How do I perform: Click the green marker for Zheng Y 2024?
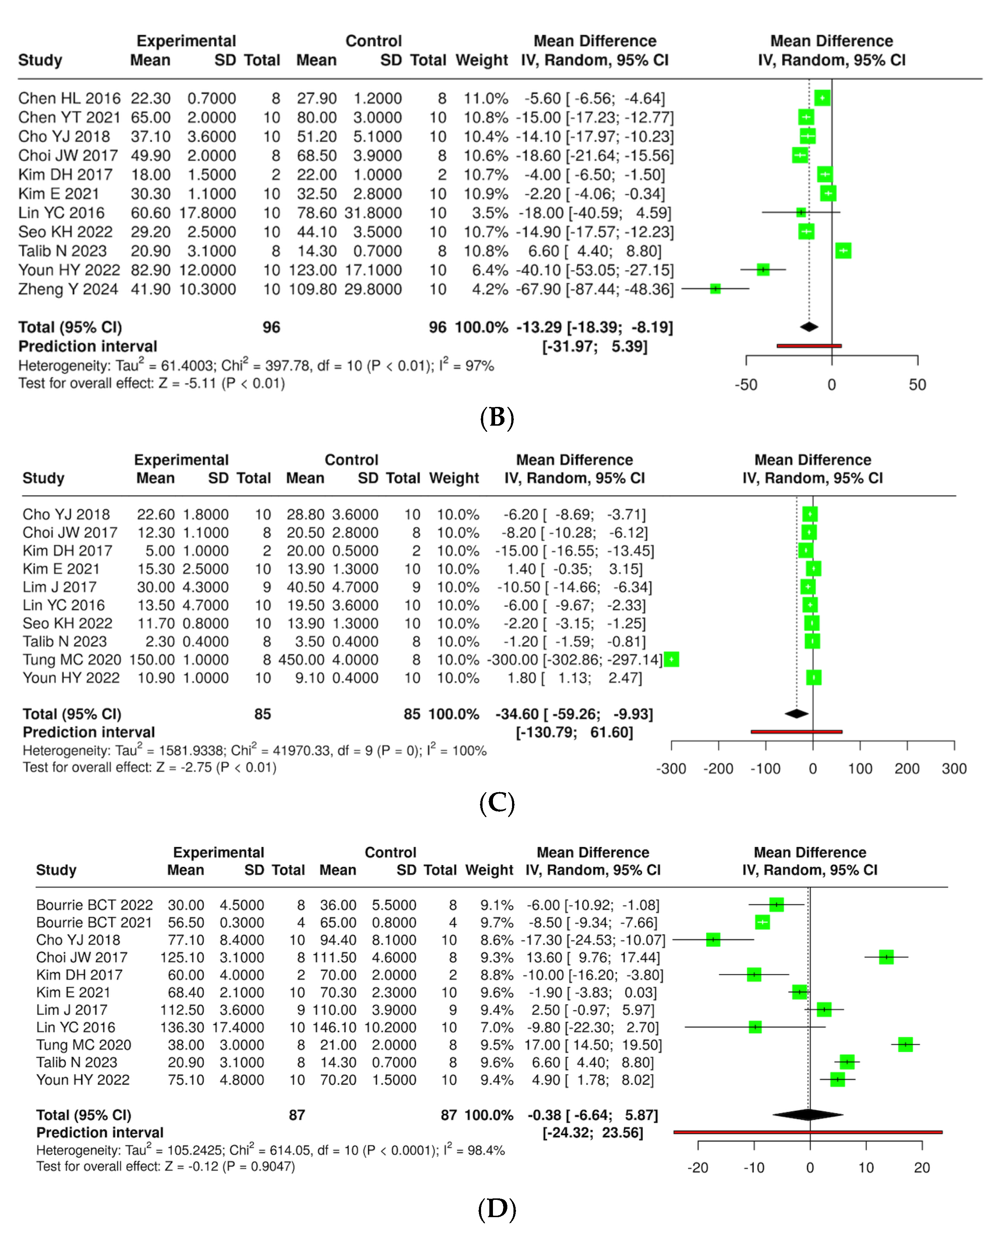715,289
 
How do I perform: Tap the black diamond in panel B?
809,327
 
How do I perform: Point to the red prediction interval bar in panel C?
796,731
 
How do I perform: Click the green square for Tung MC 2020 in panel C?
672,660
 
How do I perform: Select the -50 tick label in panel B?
746,385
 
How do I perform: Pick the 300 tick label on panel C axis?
954,769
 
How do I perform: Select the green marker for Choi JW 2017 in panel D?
886,957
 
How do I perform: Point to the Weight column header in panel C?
454,478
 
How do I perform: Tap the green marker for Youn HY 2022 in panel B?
763,269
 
